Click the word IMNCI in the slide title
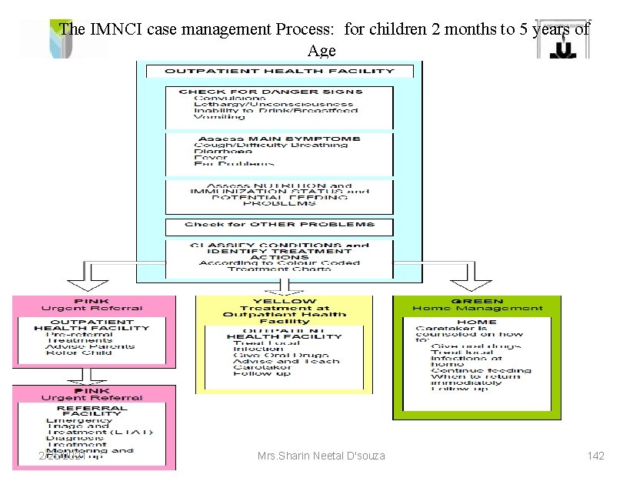click(113, 30)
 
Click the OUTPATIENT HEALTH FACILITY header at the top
click(280, 71)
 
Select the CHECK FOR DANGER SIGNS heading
click(270, 92)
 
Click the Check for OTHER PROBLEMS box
click(279, 225)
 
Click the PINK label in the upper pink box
click(92, 301)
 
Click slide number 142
click(595, 456)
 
